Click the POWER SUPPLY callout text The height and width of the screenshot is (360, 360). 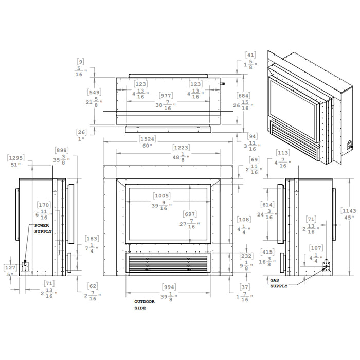[x=43, y=229]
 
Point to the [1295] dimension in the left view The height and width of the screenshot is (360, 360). [x=16, y=160]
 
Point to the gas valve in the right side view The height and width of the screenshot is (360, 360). [x=325, y=264]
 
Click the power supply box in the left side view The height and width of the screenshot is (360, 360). [x=24, y=265]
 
